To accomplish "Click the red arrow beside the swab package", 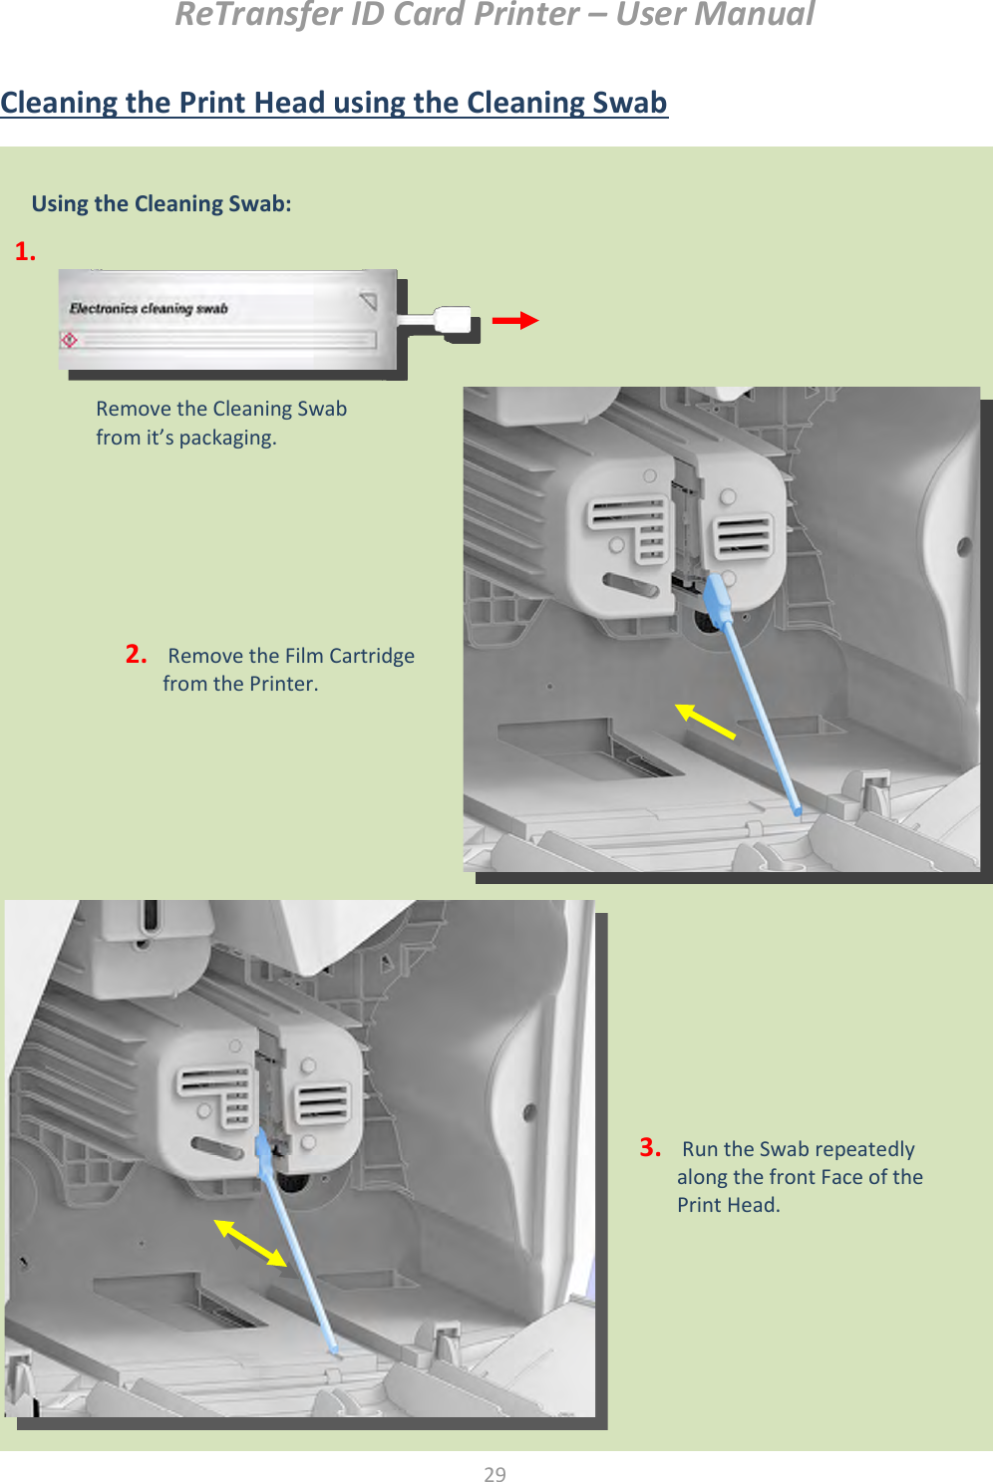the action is (x=515, y=320).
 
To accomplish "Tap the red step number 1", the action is (x=25, y=251).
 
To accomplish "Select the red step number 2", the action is (x=136, y=654).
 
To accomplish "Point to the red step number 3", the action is (x=650, y=1147).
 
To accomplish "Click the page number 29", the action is (x=496, y=1473).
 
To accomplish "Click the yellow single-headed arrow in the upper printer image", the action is (x=705, y=721).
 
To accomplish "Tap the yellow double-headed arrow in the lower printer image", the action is (x=251, y=1243).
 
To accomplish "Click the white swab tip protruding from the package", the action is (x=454, y=320).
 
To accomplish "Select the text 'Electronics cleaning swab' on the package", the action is (x=149, y=308).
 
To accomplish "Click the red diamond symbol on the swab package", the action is (x=69, y=340).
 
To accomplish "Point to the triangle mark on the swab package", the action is (x=369, y=301).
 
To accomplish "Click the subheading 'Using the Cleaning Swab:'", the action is (x=162, y=203).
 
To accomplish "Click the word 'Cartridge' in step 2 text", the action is (x=372, y=656).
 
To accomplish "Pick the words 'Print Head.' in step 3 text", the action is (x=728, y=1205).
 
